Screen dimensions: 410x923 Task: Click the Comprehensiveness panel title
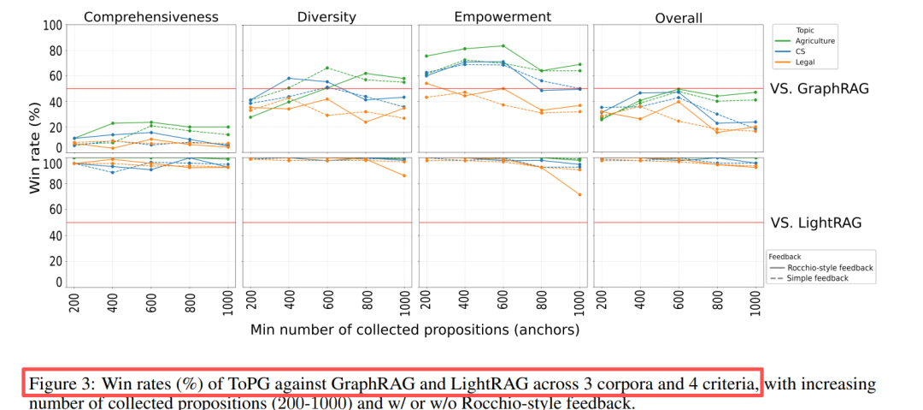point(150,16)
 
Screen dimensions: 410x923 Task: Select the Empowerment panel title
point(502,16)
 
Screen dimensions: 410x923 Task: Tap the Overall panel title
point(679,17)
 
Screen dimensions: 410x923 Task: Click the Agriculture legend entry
point(814,41)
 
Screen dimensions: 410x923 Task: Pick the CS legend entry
point(801,52)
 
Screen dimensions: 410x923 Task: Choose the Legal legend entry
point(805,63)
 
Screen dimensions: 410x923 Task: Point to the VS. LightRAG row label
point(815,223)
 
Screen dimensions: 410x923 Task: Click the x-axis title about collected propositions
point(415,329)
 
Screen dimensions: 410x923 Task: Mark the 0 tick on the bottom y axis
point(58,282)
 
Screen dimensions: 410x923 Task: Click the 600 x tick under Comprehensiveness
point(150,303)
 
